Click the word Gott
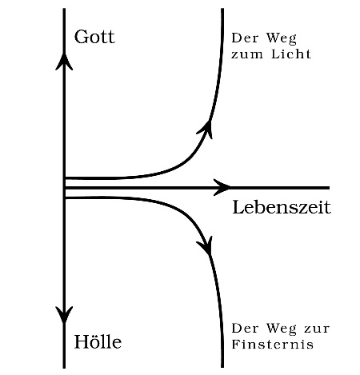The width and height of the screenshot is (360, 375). point(94,37)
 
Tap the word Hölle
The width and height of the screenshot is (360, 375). point(98,341)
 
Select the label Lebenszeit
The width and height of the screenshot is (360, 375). point(282,207)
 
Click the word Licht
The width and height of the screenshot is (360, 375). point(291,54)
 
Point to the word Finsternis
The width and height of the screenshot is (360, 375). point(272,344)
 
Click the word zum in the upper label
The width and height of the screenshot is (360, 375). point(247,55)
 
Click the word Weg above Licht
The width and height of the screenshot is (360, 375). point(282,38)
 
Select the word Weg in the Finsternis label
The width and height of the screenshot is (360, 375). point(282,329)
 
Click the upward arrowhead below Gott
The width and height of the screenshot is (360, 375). point(64,62)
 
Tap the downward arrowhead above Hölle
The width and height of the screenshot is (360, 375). point(64,315)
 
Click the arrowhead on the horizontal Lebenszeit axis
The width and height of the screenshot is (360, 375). point(222,188)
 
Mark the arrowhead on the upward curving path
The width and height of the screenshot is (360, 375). point(206,130)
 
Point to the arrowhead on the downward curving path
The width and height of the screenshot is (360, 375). point(206,246)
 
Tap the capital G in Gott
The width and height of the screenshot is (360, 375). point(81,37)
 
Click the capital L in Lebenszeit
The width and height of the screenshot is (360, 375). point(238,207)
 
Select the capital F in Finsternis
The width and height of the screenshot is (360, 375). point(235,344)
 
